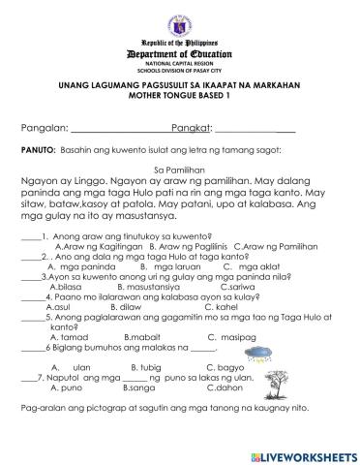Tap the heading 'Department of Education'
click(180, 54)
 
